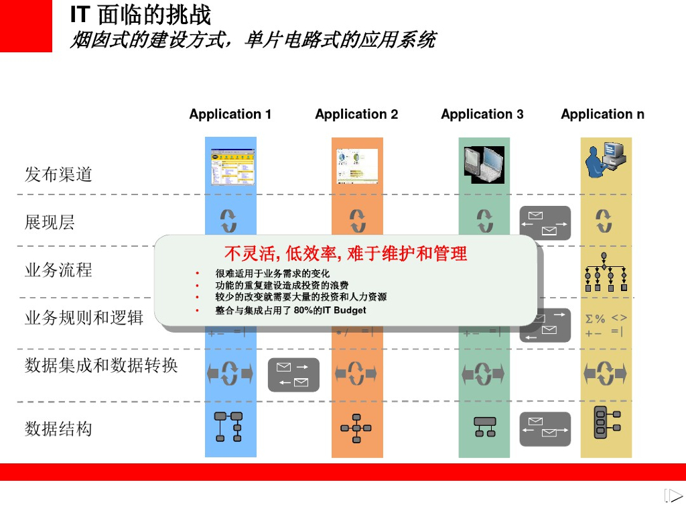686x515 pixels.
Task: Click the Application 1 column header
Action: click(230, 115)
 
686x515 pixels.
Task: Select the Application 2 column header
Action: click(356, 115)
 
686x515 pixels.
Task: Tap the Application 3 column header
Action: click(482, 115)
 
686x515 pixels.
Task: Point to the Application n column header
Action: click(603, 115)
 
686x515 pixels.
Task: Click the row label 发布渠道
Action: click(58, 175)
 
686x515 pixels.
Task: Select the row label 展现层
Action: click(50, 223)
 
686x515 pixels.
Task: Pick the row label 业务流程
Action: click(58, 270)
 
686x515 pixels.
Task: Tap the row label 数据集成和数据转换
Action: click(101, 365)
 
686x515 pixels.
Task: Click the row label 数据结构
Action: click(58, 428)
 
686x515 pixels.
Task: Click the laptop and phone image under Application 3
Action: click(484, 164)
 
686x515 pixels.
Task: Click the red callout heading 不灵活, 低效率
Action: click(346, 253)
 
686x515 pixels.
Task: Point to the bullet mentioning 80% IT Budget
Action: click(291, 310)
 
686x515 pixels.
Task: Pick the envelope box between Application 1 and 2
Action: click(293, 375)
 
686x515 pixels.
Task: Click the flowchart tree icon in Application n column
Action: click(606, 273)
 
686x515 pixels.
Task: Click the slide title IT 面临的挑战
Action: click(141, 15)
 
